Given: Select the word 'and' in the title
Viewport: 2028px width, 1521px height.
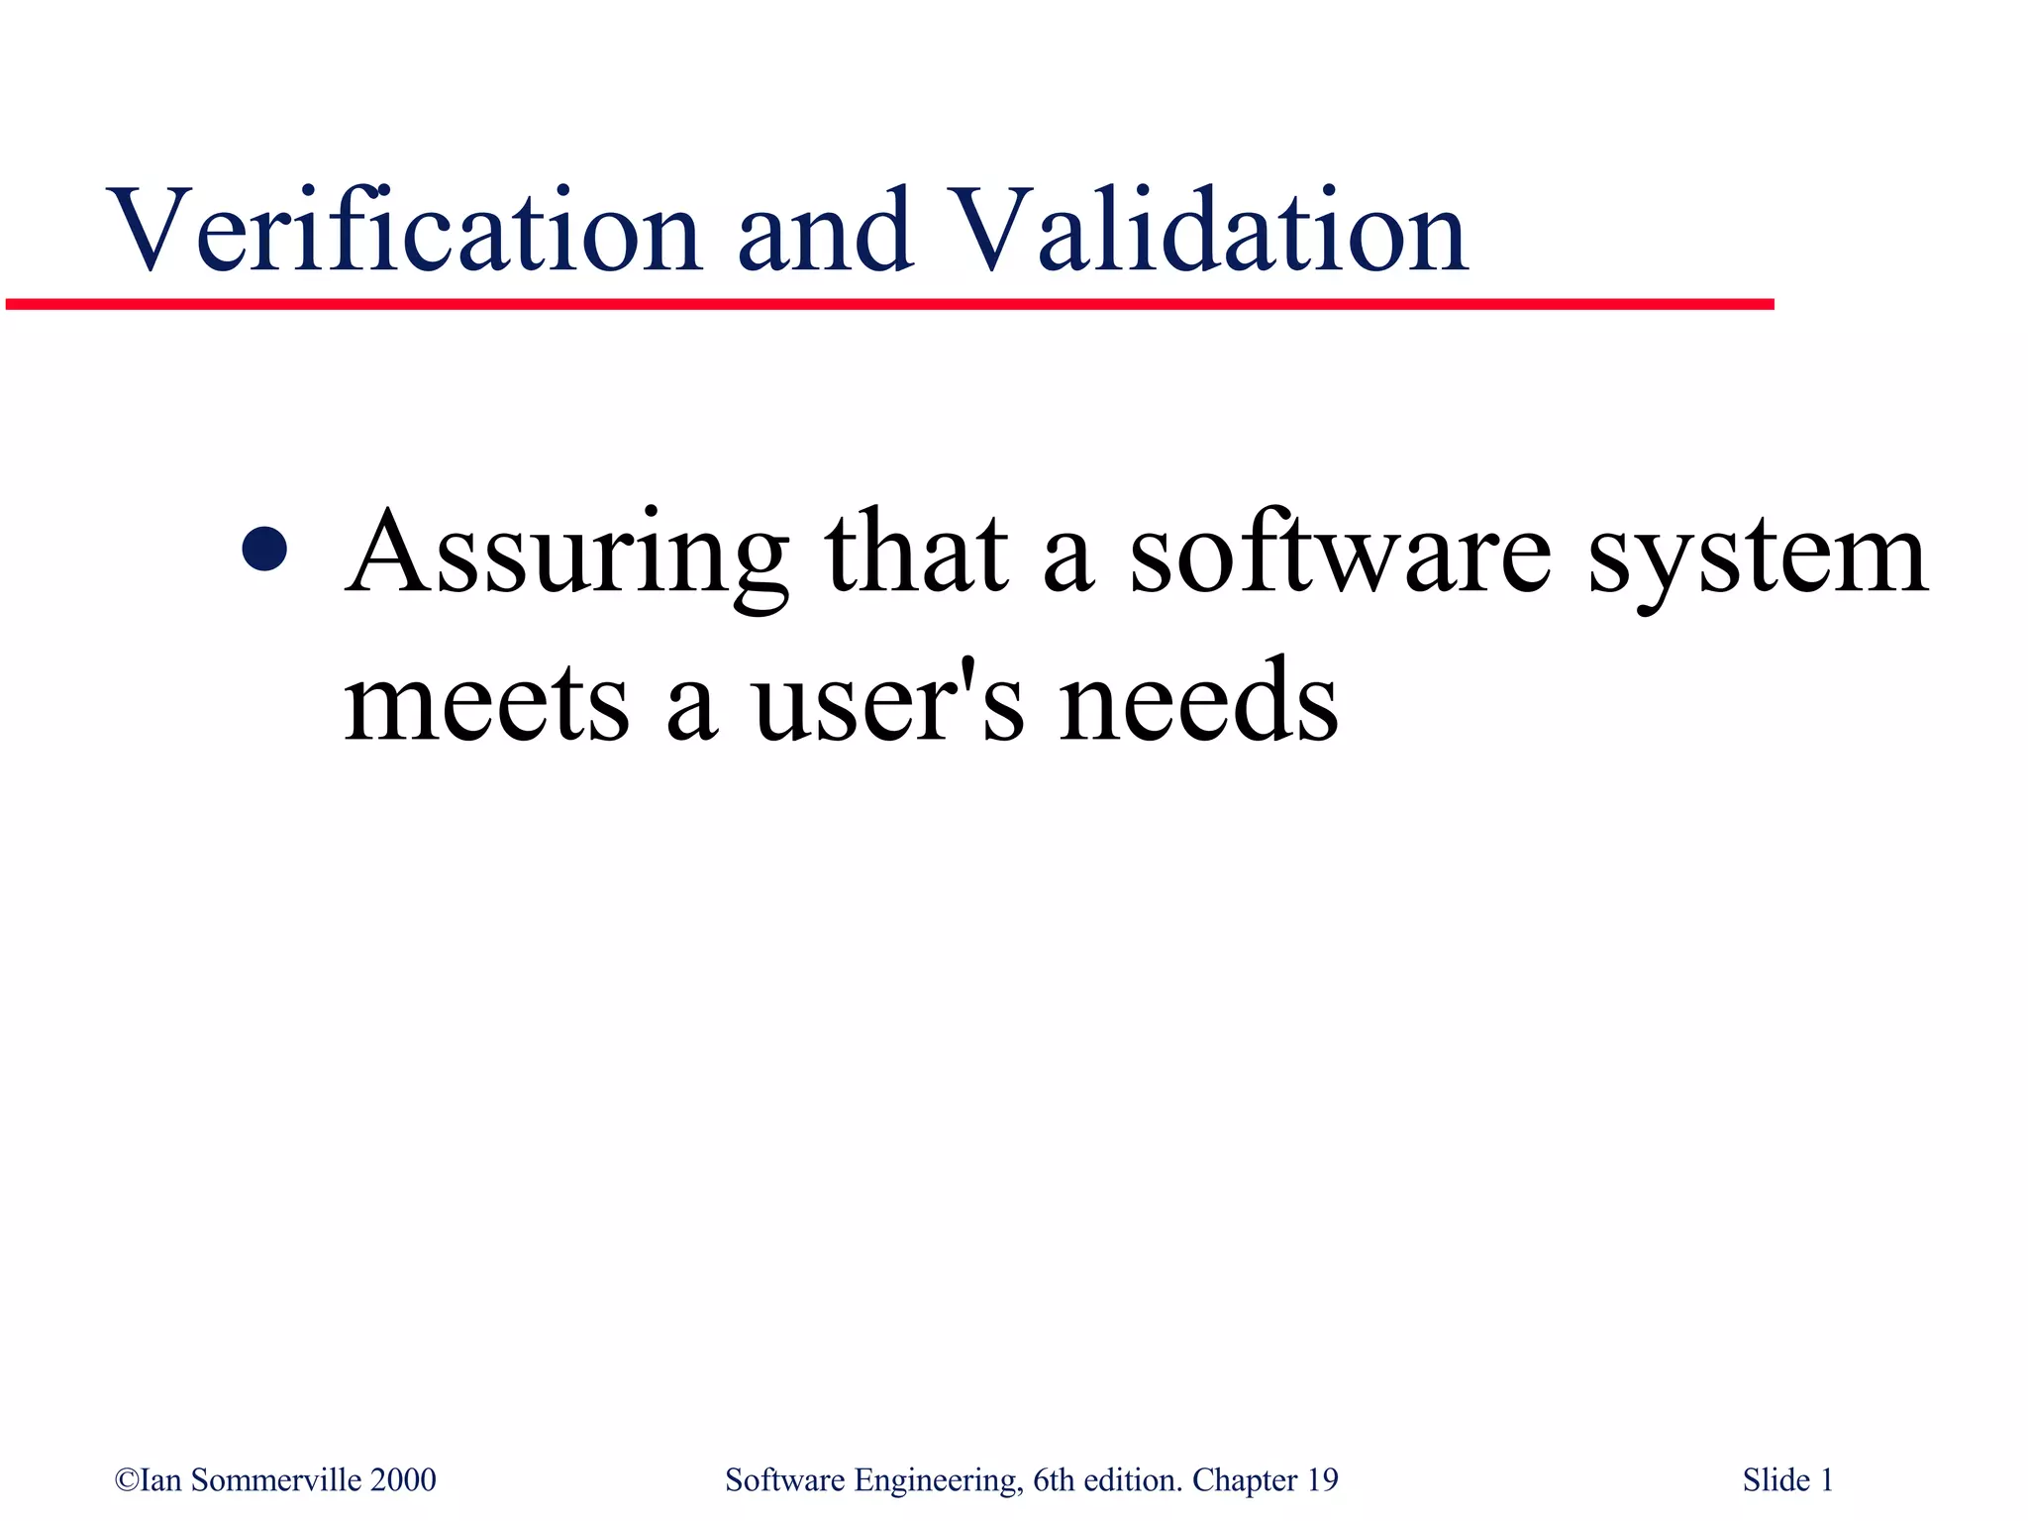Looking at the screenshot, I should point(824,230).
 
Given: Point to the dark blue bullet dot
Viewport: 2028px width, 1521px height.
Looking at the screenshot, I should point(264,550).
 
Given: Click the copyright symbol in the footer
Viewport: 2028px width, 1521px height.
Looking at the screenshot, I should point(127,1480).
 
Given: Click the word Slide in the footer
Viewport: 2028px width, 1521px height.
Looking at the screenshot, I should point(1776,1480).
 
